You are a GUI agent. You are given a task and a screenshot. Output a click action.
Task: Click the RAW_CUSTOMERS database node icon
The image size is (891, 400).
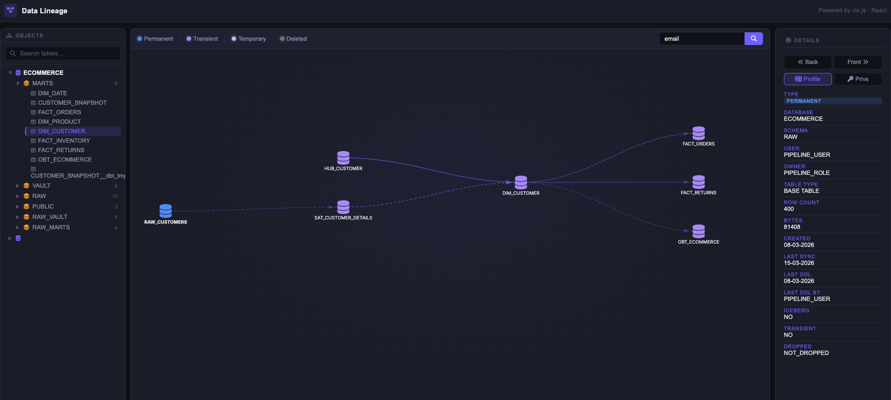(165, 210)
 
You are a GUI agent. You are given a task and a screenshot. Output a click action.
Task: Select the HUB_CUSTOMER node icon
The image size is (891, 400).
(343, 157)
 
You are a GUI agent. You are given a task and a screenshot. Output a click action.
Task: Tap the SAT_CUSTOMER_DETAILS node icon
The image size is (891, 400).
(343, 207)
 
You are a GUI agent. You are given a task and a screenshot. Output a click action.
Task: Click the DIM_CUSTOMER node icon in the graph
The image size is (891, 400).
(521, 182)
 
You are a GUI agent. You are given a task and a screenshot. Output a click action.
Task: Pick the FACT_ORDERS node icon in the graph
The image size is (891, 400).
(699, 133)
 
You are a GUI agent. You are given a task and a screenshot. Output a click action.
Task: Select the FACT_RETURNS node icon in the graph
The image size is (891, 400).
(699, 182)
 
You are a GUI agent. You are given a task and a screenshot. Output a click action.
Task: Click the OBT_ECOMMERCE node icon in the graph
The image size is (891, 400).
(699, 231)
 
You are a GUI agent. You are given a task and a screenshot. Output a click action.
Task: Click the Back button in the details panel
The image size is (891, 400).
(808, 62)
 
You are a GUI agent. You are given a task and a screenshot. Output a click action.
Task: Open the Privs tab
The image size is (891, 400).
(858, 79)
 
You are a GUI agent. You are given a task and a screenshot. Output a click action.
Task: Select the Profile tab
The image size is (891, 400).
(808, 79)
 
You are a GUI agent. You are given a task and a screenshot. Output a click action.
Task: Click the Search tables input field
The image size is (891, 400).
(63, 54)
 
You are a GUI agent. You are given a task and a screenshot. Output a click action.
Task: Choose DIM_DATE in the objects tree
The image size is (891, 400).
(53, 93)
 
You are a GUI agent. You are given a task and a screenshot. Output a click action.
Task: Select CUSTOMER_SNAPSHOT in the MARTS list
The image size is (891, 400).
(72, 103)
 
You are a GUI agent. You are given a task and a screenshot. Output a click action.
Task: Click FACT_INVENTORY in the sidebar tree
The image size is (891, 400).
(64, 141)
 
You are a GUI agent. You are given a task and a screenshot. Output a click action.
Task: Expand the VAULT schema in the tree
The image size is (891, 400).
(18, 186)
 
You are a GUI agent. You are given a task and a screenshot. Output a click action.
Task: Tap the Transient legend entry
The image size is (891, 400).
(202, 39)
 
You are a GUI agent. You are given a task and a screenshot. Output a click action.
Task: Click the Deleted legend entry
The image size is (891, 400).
(293, 39)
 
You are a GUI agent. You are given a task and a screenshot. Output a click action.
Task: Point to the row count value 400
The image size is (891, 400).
(789, 209)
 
